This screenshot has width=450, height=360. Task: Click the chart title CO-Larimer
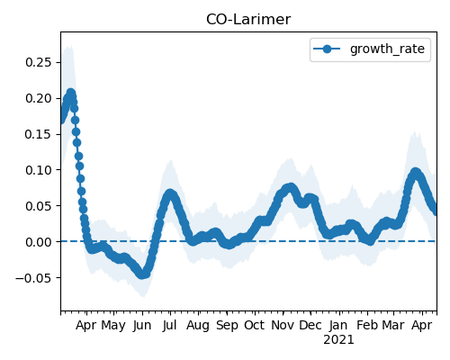click(248, 20)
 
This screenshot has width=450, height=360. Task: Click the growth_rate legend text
click(387, 49)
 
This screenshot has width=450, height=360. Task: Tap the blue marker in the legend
click(327, 49)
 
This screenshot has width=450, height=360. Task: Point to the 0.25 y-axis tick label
click(39, 62)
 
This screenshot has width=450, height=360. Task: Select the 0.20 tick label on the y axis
click(39, 98)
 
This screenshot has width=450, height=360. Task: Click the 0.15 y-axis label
click(39, 134)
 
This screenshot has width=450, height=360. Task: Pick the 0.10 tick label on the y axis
click(39, 170)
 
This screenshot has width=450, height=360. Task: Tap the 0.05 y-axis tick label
click(39, 206)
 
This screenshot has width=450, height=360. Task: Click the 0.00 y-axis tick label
click(39, 242)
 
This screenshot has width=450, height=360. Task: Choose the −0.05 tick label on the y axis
click(34, 278)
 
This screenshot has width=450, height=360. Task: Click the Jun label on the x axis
click(142, 326)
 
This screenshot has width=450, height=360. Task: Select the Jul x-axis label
click(170, 326)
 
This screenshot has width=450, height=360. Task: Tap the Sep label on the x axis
click(227, 326)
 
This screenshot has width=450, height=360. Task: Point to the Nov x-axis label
click(283, 326)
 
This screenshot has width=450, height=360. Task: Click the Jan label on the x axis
click(338, 326)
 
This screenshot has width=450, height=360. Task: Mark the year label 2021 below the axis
click(338, 340)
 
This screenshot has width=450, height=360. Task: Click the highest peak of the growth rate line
click(71, 93)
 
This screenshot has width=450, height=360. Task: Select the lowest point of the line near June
click(142, 274)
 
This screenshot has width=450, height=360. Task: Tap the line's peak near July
click(170, 193)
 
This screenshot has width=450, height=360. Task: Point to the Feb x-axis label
click(367, 326)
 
